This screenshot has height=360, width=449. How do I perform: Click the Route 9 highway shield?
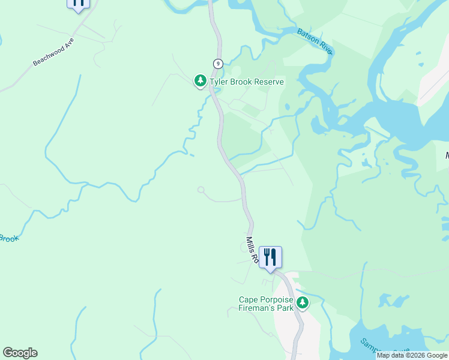218,64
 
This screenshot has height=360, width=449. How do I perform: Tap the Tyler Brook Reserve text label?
246,82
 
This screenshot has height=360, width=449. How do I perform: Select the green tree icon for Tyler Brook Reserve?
200,80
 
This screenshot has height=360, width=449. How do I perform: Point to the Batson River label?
315,40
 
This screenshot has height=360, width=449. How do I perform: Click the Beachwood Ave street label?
53,52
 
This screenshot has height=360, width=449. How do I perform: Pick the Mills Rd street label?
252,250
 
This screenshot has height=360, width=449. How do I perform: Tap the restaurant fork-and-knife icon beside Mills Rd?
270,257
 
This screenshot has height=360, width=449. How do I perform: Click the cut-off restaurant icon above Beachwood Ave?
78,4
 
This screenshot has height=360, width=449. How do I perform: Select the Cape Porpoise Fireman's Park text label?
266,304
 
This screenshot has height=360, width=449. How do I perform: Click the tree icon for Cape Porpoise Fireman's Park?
303,303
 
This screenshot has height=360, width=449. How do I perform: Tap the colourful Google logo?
20,353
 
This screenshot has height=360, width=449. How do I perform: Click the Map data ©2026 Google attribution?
412,355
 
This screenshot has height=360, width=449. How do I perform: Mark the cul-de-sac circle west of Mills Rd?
201,190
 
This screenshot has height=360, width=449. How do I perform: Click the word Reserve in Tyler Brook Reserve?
268,82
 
